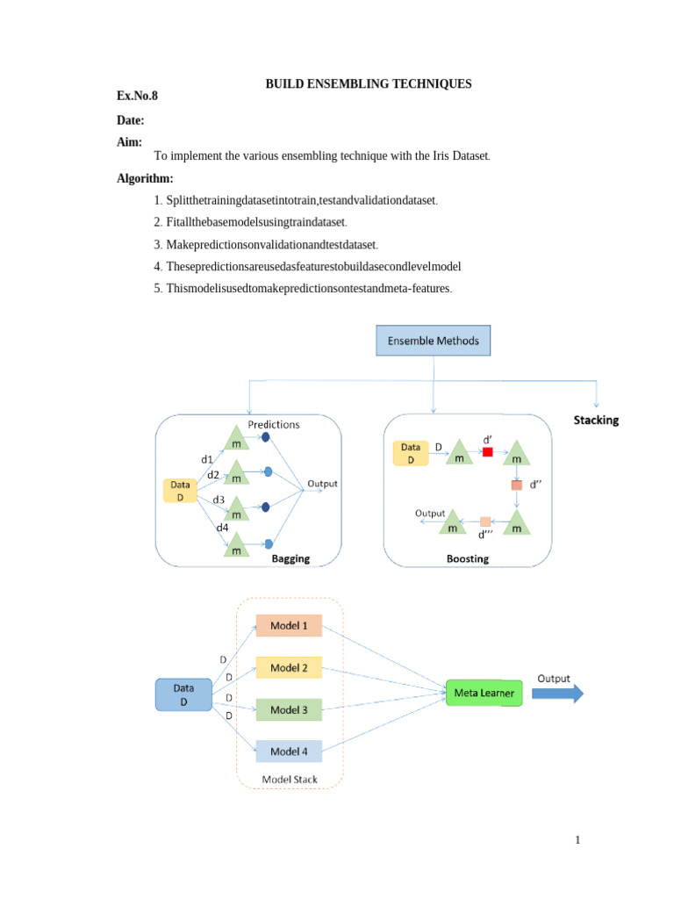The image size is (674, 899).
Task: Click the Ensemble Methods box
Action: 434,341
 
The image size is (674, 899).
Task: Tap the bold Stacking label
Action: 596,420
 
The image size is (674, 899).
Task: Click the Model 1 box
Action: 289,625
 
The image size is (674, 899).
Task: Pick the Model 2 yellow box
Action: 289,667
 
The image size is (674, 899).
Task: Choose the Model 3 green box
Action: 289,709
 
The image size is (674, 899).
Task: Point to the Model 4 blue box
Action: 289,752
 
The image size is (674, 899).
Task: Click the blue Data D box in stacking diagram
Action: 183,694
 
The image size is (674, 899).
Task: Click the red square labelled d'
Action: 488,452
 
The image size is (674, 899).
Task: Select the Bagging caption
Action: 290,558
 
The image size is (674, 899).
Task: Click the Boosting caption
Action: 468,558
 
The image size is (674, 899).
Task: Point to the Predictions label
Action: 273,424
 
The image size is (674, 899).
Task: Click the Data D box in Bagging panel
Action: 181,490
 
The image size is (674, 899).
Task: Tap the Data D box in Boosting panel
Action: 411,453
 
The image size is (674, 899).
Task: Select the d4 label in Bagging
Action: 222,528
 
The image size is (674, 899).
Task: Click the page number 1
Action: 577,840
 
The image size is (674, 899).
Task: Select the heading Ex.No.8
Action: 137,94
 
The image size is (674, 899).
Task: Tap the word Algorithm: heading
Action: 145,178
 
